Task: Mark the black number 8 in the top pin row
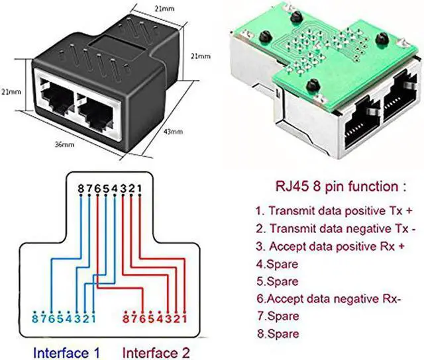point(81,188)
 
